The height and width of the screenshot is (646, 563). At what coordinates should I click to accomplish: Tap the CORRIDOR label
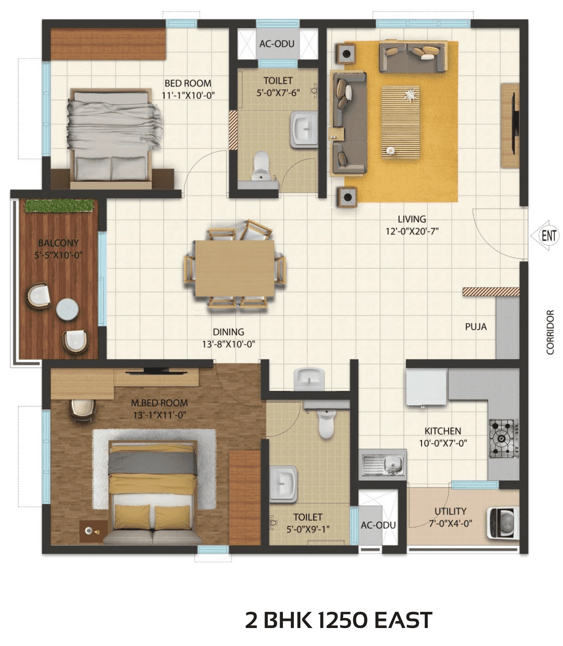pos(550,332)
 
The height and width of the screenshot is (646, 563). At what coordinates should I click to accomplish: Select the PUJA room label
pos(475,327)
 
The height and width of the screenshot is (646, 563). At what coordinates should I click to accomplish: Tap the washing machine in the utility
pos(503,524)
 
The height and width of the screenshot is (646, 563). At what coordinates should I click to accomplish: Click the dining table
pos(235,268)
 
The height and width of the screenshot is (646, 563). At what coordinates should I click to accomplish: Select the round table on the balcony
pos(67,310)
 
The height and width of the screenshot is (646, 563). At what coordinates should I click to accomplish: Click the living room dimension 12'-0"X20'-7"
pos(412,231)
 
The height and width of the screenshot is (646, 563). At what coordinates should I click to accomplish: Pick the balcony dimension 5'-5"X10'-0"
pos(58,255)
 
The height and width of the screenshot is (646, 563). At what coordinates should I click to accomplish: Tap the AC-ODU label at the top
pos(277,44)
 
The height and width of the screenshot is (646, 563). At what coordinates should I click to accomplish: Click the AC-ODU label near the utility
pos(378,525)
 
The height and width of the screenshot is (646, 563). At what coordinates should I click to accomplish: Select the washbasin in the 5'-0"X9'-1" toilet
pos(283,483)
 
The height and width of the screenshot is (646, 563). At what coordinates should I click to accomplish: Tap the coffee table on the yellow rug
pos(400,122)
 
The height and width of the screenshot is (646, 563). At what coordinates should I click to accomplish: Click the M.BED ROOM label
pos(159,403)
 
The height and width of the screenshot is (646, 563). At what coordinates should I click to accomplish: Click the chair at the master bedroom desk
pos(82,409)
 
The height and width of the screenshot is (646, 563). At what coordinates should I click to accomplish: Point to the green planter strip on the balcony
pos(59,206)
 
